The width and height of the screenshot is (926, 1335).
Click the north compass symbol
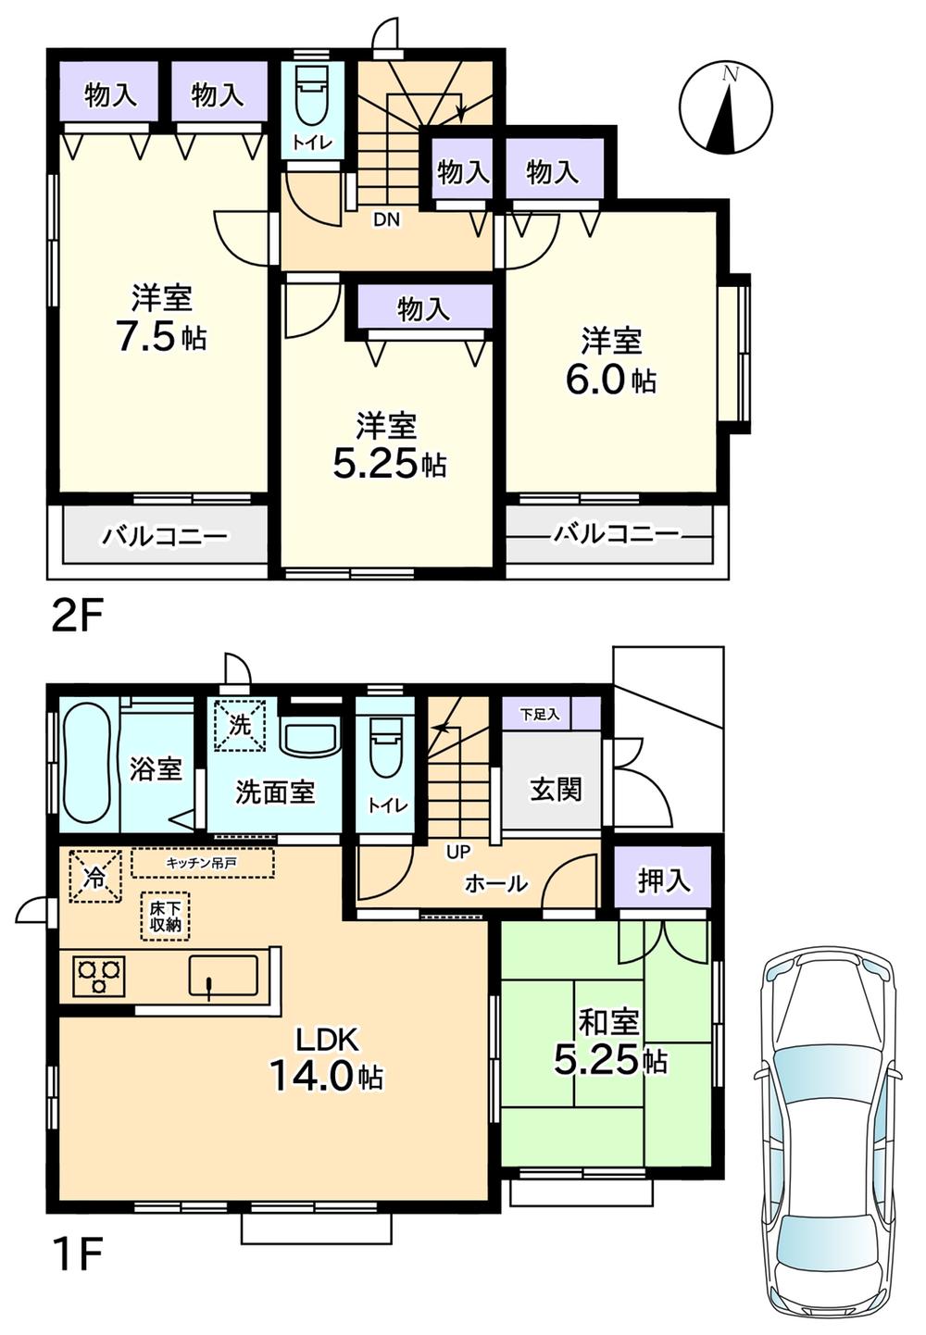click(x=726, y=107)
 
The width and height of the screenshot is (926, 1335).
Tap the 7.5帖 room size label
click(x=161, y=337)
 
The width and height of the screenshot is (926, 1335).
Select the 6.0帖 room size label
click(x=611, y=380)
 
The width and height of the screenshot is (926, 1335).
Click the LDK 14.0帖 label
click(x=326, y=1061)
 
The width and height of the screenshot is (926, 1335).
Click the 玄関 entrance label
click(x=556, y=790)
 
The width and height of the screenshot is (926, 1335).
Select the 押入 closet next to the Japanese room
click(x=663, y=881)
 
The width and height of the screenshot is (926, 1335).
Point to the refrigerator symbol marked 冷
click(x=95, y=875)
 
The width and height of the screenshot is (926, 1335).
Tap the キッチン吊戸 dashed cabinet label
click(x=203, y=863)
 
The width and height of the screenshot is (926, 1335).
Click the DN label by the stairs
click(x=387, y=220)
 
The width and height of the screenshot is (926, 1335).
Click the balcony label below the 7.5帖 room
click(x=165, y=536)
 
